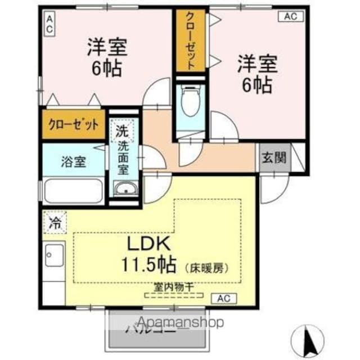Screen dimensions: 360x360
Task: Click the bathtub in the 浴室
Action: point(73,191)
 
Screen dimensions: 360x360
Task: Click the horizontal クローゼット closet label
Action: point(73,124)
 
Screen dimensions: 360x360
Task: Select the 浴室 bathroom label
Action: point(74,161)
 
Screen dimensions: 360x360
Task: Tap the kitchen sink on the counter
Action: point(55,259)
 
